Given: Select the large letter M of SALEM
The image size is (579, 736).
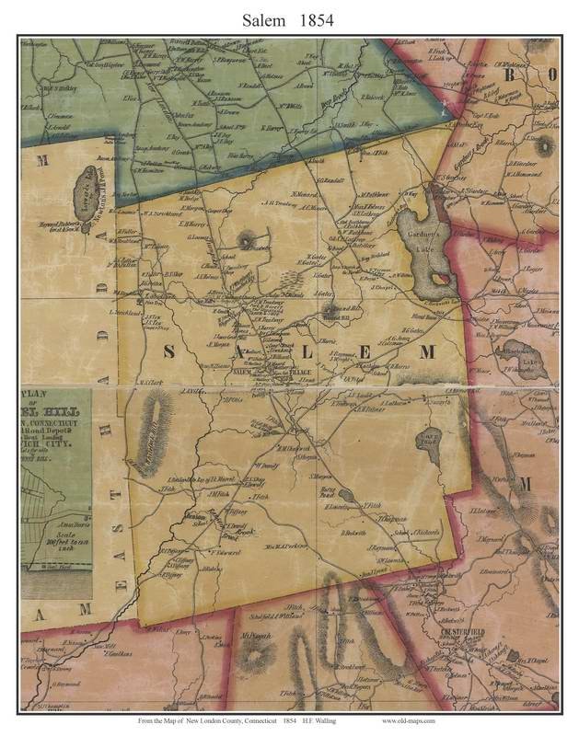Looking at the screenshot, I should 427,352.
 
